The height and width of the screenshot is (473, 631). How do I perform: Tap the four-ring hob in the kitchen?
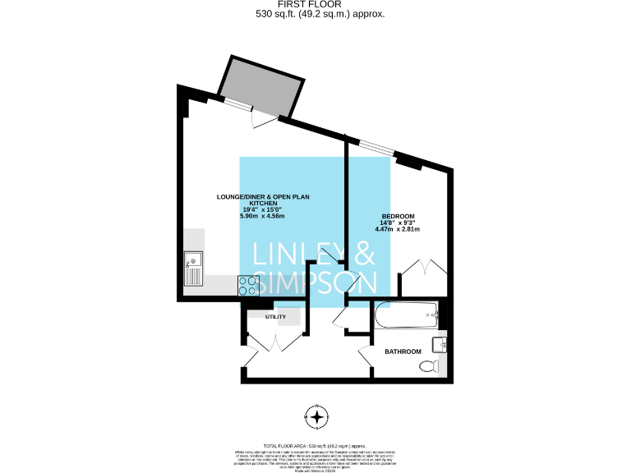coord(247,285)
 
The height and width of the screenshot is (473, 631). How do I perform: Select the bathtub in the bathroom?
coord(406,314)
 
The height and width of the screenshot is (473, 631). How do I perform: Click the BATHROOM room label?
coord(403,351)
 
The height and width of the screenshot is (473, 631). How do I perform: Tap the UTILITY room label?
coord(275,316)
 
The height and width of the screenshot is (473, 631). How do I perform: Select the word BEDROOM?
coord(397,216)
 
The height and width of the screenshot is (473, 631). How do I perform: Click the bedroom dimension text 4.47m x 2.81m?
coord(397,229)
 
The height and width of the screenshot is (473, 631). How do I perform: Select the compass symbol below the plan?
coord(317,417)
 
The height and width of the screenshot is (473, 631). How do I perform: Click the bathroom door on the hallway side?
coord(366,354)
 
